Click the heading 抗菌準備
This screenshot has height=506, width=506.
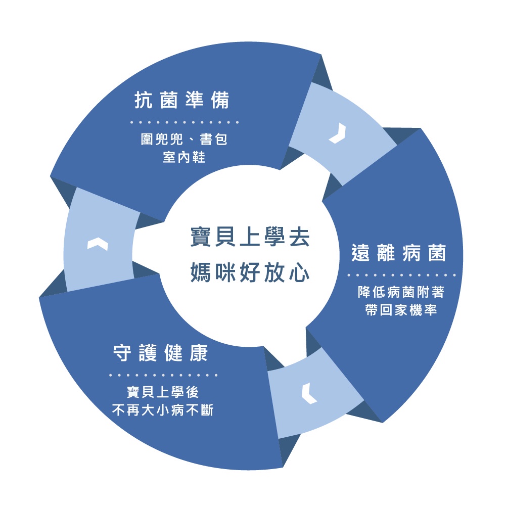point(182,101)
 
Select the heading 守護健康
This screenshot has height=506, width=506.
point(160,354)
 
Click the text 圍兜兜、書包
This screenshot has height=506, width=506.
point(184,139)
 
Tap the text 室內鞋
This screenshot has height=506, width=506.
point(184,157)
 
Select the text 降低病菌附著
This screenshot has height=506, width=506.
point(401,292)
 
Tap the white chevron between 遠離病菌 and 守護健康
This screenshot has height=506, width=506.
point(308,394)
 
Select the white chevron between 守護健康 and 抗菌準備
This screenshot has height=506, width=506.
point(98,244)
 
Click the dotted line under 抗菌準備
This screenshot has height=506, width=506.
point(185,122)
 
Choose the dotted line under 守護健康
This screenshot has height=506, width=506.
point(163,376)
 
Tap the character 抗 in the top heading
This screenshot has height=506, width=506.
point(142,101)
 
